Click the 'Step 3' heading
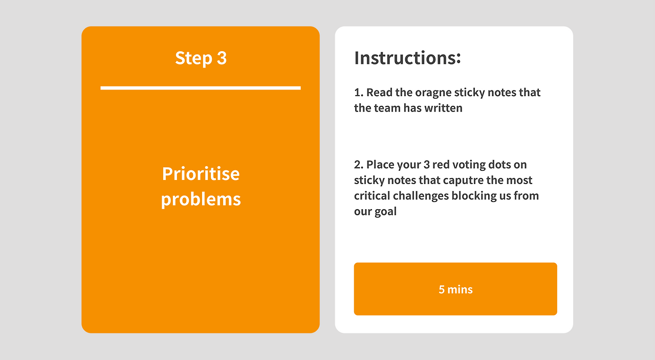tap(201, 58)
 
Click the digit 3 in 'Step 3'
tap(222, 58)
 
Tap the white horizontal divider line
tap(201, 88)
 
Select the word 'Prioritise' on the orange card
tap(201, 174)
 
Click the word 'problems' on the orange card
tap(201, 200)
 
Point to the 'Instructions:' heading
tap(408, 58)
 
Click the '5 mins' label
tap(455, 289)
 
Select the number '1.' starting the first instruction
tap(359, 93)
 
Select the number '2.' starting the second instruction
tap(359, 165)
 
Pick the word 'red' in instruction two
tap(441, 165)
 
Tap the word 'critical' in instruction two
tap(372, 196)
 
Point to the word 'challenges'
tap(421, 196)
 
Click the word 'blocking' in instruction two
tap(474, 196)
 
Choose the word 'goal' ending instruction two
tap(385, 212)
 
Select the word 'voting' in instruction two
tap(468, 165)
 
